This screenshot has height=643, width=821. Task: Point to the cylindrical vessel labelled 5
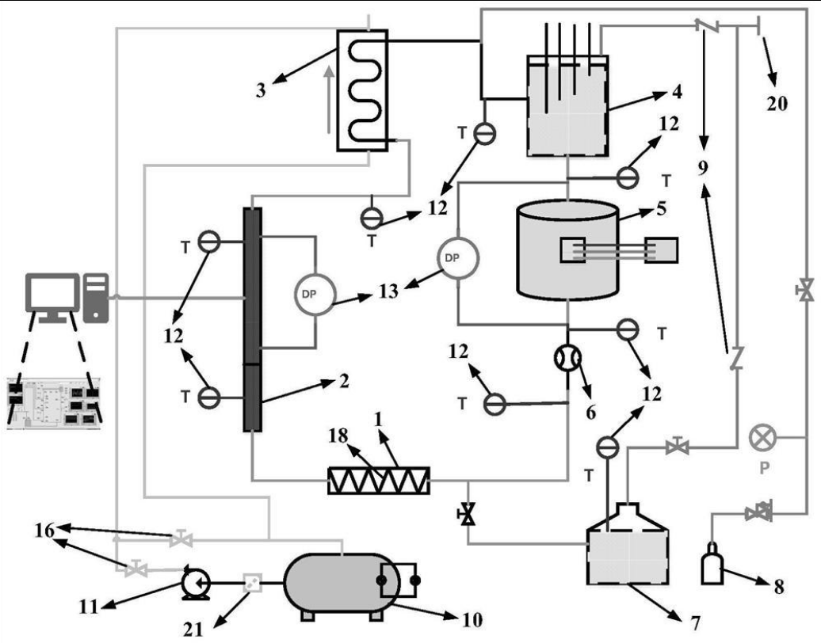[567, 249]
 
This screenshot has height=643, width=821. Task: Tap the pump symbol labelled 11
[192, 583]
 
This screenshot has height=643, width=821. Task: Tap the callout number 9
[703, 168]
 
